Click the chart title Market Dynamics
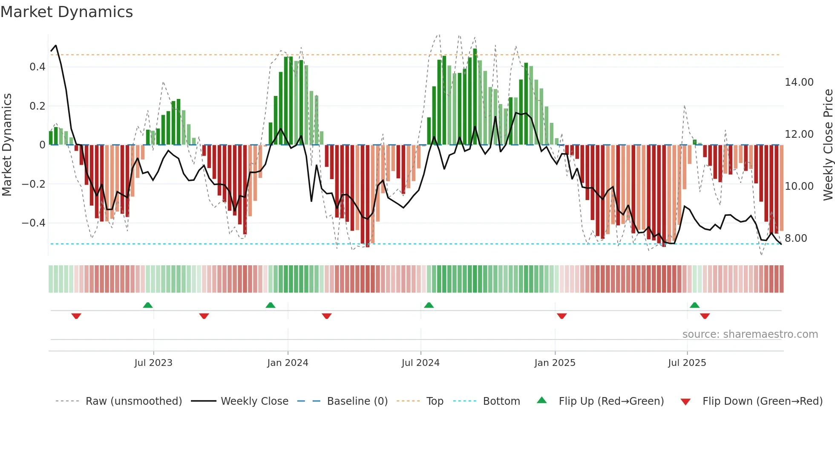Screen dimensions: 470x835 coord(67,12)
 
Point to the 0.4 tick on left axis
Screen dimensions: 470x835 coord(37,67)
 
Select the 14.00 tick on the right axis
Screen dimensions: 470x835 coord(799,82)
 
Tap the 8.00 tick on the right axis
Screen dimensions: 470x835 coord(795,238)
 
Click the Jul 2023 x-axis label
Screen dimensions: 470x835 coord(153,363)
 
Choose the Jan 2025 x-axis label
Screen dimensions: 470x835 coord(555,363)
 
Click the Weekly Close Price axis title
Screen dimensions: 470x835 coord(828,145)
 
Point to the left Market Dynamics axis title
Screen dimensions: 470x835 coord(7,145)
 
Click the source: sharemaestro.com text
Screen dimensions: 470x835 coord(750,334)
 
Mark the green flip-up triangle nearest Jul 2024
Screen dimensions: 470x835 coord(429,305)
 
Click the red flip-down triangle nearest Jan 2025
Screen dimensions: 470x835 coord(561,316)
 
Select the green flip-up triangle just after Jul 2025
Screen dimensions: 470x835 coord(694,305)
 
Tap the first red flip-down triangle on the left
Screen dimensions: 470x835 coord(76,316)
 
